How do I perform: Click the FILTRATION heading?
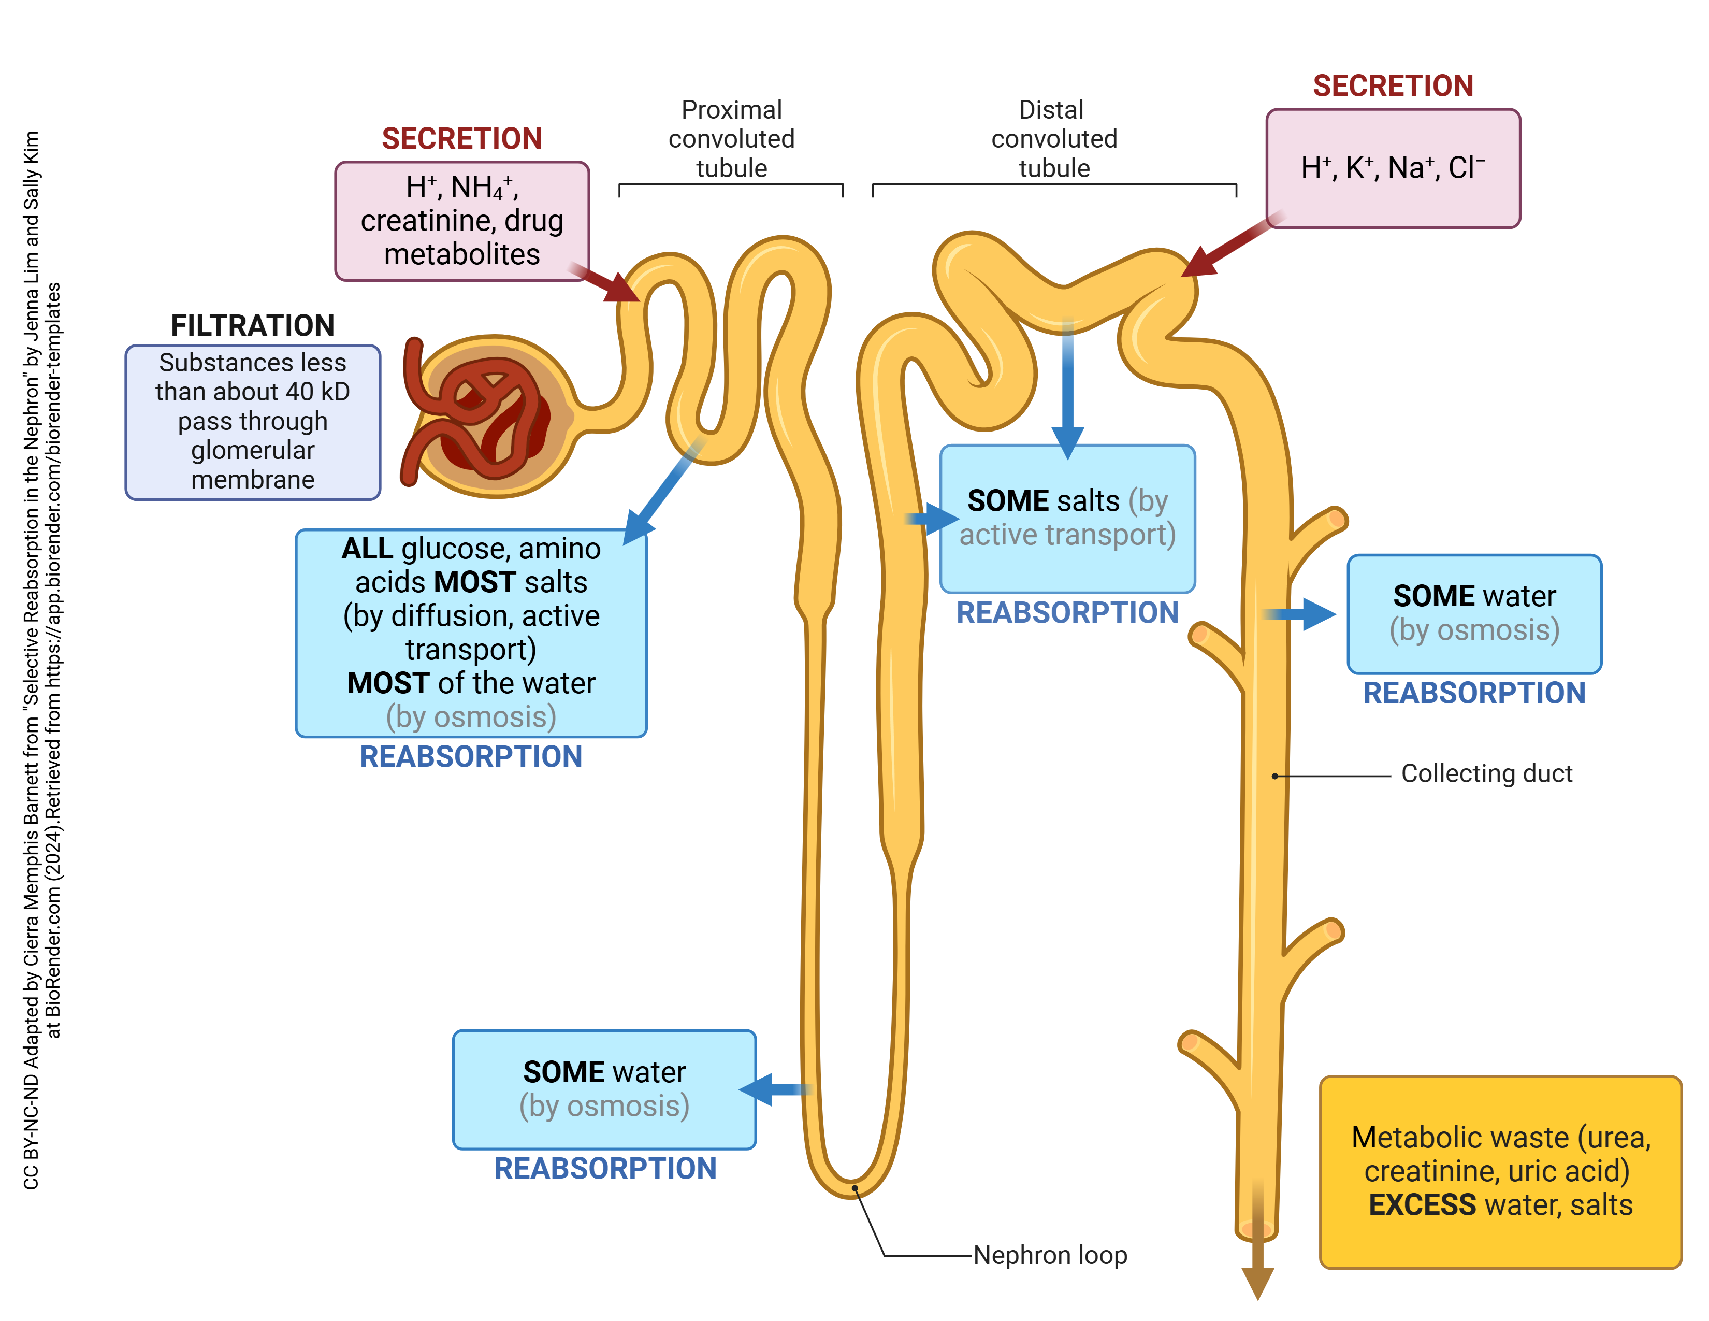pos(252,325)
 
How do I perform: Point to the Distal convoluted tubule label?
pos(1053,138)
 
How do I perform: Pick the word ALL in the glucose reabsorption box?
pos(367,549)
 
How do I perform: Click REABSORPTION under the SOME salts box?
pos(1067,613)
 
